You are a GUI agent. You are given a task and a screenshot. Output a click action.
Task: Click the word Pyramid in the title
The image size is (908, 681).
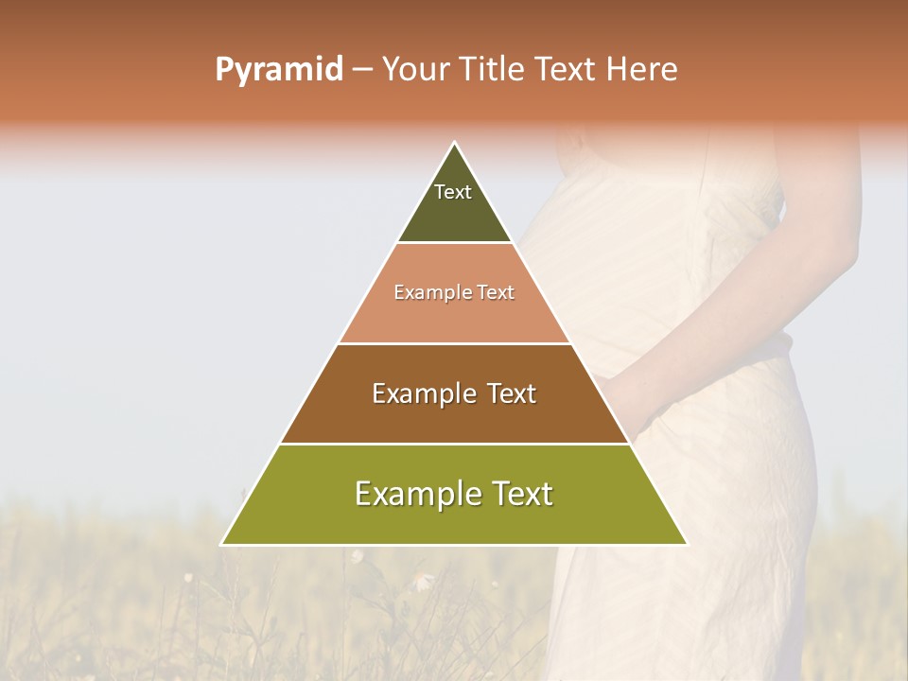point(278,70)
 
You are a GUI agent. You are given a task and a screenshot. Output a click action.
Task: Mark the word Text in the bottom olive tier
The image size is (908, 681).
point(522,494)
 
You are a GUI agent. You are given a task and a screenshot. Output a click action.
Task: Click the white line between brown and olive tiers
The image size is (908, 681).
point(454,444)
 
